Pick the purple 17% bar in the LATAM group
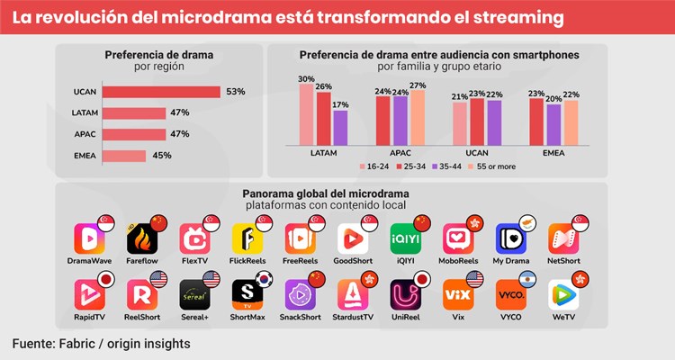tap(340, 127)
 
